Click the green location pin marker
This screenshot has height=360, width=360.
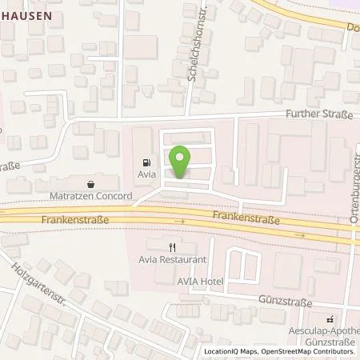181,162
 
